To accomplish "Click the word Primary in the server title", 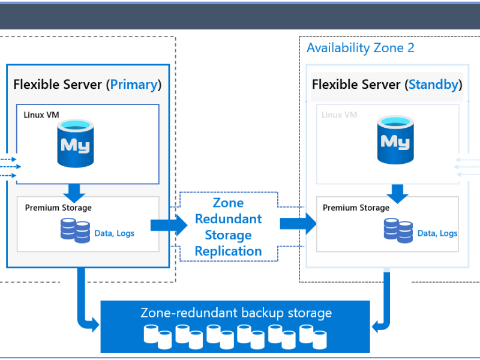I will tap(133, 85).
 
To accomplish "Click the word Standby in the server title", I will tap(433, 85).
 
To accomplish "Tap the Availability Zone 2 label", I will tap(360, 48).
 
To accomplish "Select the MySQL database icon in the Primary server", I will tap(76, 143).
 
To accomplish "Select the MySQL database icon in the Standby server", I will tap(395, 140).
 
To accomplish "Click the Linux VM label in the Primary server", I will tap(41, 115).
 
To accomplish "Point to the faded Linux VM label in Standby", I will tap(340, 115).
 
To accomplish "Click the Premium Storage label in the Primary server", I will tap(58, 208).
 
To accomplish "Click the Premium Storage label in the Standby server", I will tap(356, 208).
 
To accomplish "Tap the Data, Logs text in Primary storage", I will tap(114, 233).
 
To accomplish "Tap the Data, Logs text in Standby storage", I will tap(437, 233).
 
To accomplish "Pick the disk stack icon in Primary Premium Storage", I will tap(75, 230).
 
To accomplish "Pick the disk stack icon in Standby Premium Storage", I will tap(398, 230).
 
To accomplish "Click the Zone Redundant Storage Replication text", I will tap(228, 227).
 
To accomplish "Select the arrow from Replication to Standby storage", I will tap(298, 224).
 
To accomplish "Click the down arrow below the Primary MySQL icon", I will tap(75, 193).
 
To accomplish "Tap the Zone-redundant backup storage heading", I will tap(236, 313).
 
